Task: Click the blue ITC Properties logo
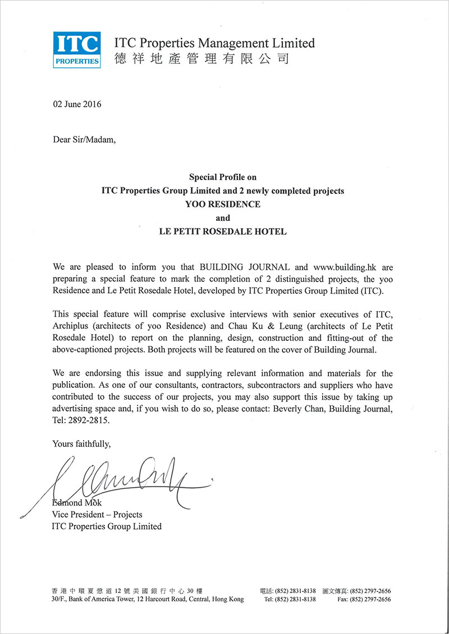[77, 49]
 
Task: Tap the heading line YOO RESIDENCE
[223, 205]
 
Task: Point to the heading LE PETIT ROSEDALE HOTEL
[223, 232]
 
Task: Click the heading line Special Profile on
[223, 177]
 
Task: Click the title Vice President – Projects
[97, 514]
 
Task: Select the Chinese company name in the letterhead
[201, 58]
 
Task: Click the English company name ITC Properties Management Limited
[214, 43]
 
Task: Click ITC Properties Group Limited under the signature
[107, 526]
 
